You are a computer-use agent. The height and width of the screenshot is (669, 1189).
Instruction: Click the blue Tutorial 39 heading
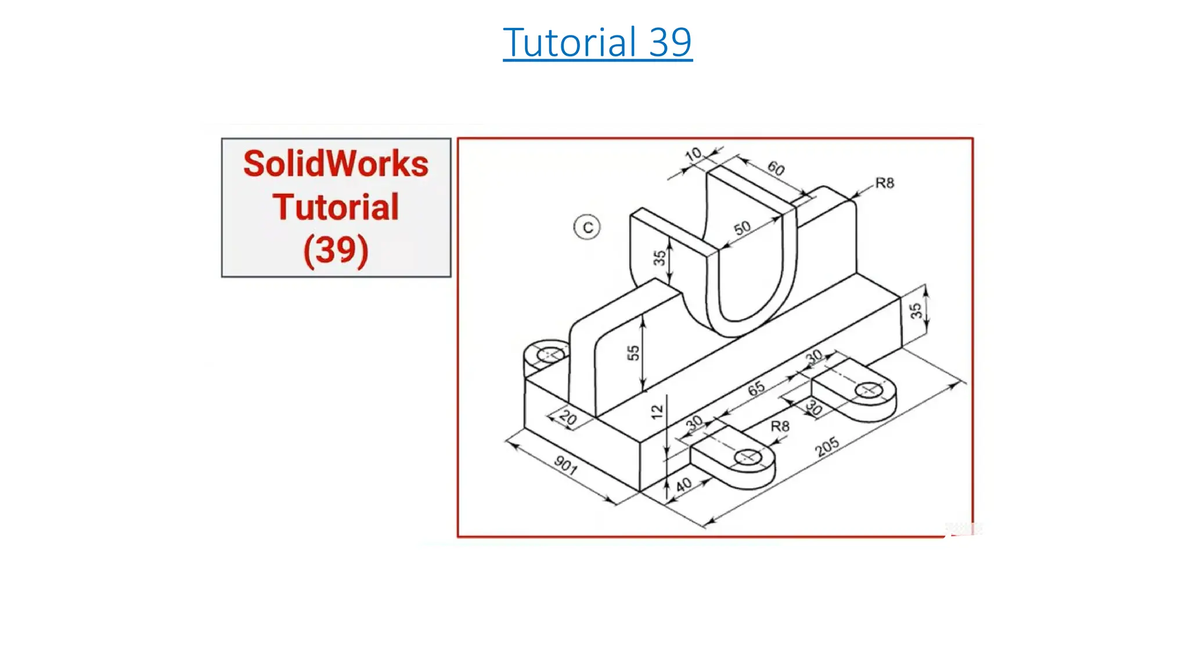coord(597,42)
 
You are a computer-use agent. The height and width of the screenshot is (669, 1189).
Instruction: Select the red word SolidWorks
coord(336,164)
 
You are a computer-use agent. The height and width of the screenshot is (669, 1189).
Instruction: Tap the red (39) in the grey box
coord(336,250)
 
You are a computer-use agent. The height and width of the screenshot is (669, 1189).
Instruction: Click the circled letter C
coord(587,227)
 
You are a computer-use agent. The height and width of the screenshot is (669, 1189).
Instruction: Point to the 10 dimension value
coord(693,154)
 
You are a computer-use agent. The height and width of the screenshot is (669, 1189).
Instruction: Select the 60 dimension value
coord(776,168)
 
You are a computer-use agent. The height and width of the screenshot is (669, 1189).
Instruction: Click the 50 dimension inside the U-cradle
coord(742,228)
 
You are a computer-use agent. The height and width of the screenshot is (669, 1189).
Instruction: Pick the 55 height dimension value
coord(633,353)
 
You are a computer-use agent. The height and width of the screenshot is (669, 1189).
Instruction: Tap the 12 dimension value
coord(657,412)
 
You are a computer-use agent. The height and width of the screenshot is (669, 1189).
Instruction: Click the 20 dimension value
coord(568,419)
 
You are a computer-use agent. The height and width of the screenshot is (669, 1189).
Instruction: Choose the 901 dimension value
coord(565,465)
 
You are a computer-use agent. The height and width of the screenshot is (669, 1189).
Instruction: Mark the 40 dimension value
coord(684,484)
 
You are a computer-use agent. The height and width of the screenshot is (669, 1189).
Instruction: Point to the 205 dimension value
coord(827,447)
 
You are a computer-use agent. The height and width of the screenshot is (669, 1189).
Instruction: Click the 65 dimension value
coord(756,388)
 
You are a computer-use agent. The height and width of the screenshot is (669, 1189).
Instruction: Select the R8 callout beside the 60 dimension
coord(884,184)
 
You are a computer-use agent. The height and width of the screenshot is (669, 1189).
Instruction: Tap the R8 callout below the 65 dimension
coord(780,426)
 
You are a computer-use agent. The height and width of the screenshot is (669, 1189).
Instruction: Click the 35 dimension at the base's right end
coord(916,311)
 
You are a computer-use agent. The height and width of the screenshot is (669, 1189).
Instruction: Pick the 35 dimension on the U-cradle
coord(660,257)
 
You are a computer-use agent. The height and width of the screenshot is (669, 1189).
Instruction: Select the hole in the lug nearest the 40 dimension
coord(748,458)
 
